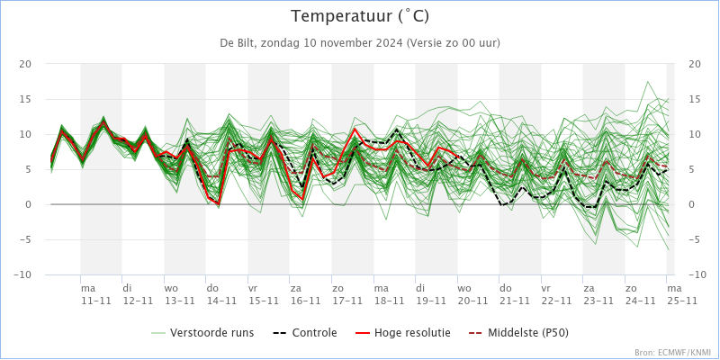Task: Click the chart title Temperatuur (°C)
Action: [x=360, y=16]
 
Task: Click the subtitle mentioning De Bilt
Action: [x=360, y=42]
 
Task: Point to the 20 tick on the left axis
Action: [x=25, y=64]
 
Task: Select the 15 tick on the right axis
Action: [x=694, y=99]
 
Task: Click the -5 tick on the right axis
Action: [x=694, y=239]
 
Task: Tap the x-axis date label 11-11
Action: [x=96, y=301]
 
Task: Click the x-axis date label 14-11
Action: [x=221, y=301]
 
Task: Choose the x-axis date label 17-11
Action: [x=347, y=301]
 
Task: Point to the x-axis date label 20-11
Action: [x=472, y=301]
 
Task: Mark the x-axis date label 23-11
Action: [x=598, y=301]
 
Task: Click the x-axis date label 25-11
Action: [x=681, y=301]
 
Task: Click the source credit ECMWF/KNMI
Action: [x=671, y=353]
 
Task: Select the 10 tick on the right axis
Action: [x=694, y=134]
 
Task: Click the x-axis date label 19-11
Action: [x=431, y=301]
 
